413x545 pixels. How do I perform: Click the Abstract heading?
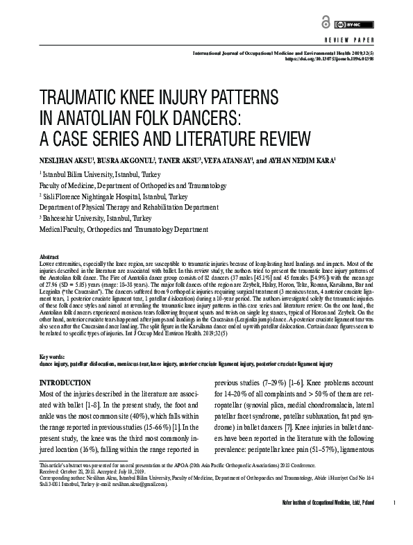(x=49, y=256)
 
